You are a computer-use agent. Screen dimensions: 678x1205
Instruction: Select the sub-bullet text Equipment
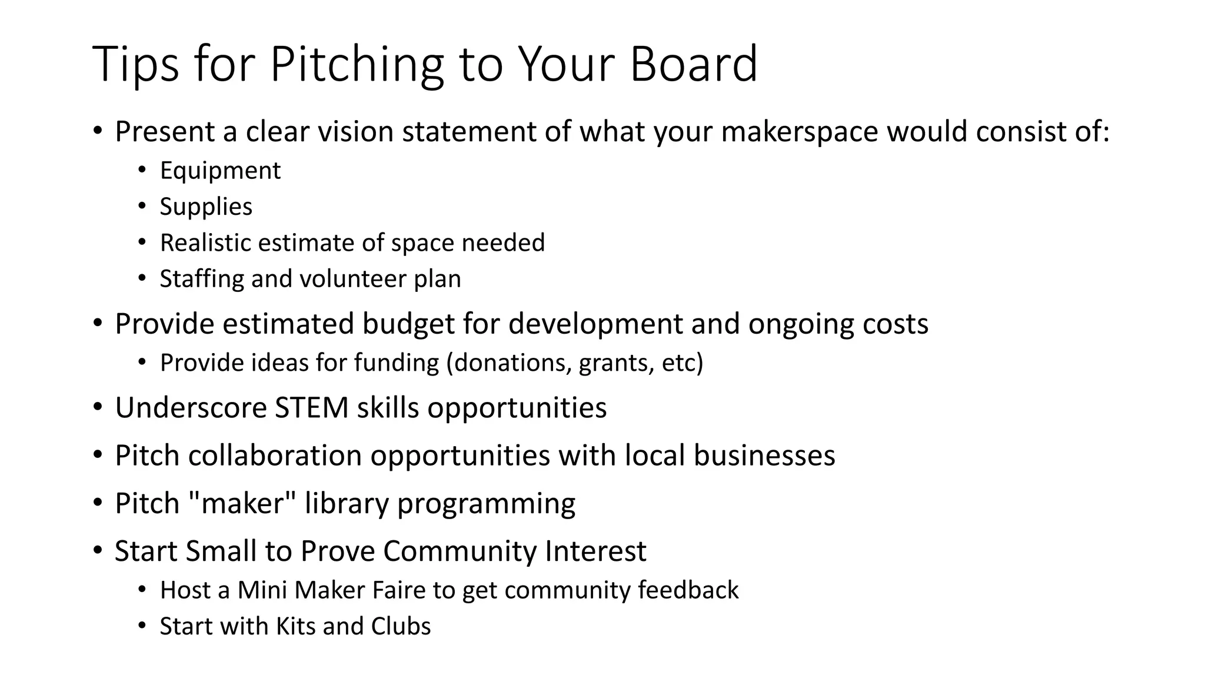coord(220,171)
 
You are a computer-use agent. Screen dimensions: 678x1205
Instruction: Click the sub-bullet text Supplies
coord(206,207)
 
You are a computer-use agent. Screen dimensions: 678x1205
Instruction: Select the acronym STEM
coord(311,407)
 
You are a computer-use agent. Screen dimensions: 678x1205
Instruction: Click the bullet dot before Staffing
coord(142,278)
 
